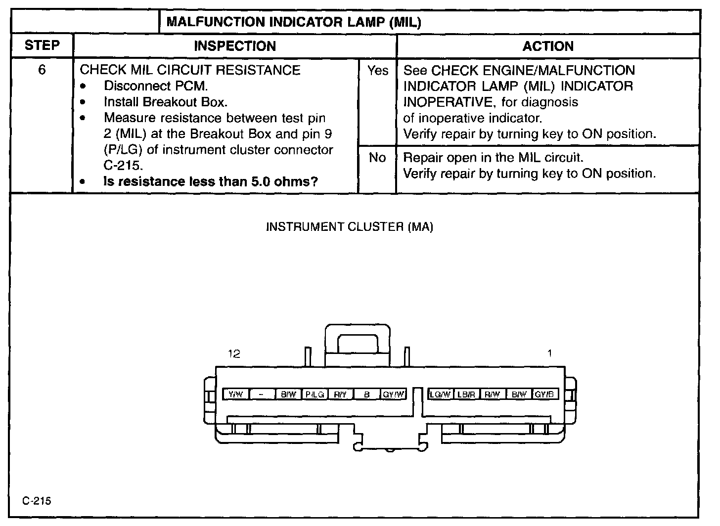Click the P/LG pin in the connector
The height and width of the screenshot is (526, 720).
(x=315, y=394)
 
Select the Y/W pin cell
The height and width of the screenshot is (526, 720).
(x=236, y=394)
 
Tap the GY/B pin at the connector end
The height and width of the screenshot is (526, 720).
(x=546, y=394)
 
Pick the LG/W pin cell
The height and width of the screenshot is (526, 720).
(x=440, y=394)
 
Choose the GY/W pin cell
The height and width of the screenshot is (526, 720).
(x=394, y=394)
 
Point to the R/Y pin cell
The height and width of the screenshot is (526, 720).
(x=340, y=394)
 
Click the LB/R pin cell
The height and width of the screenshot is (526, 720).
(x=466, y=394)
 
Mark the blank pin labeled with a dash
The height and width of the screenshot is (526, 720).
(x=262, y=394)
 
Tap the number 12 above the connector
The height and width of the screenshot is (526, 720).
(x=234, y=354)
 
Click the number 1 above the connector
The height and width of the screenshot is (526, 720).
(x=549, y=353)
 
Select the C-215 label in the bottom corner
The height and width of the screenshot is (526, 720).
(x=37, y=501)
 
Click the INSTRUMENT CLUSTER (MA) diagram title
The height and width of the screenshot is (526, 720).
(x=350, y=227)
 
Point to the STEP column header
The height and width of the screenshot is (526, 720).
(x=42, y=45)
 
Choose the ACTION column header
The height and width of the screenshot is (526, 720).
(x=548, y=46)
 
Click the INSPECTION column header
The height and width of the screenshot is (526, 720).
(x=235, y=46)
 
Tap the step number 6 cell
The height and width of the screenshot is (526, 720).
(x=42, y=70)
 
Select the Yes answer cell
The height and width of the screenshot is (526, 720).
(x=378, y=71)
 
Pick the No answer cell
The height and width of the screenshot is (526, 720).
(x=377, y=158)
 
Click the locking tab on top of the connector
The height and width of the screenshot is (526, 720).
(x=358, y=341)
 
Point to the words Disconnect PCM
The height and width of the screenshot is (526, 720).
(x=156, y=86)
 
